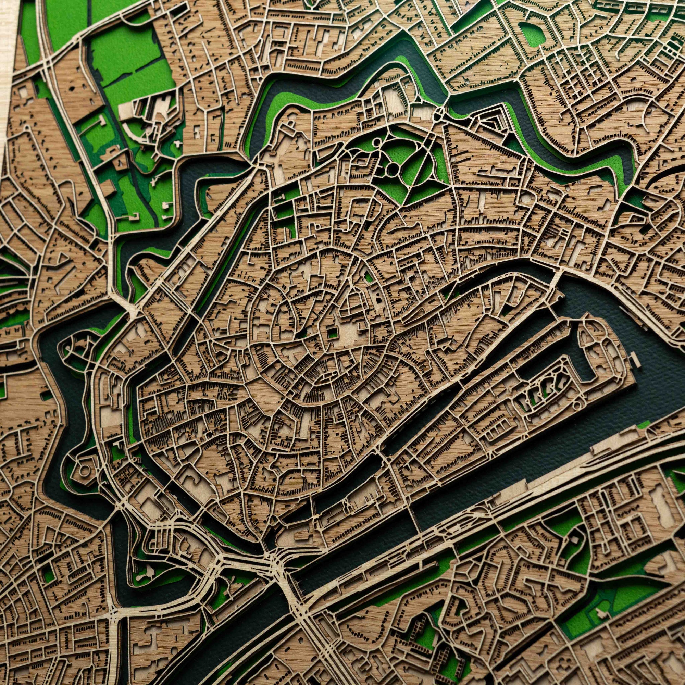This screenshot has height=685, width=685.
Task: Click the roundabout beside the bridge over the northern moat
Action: click(x=439, y=113)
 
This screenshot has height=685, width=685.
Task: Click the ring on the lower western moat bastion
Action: click(x=84, y=470)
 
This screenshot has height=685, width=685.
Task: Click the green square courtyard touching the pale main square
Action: click(x=332, y=332)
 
